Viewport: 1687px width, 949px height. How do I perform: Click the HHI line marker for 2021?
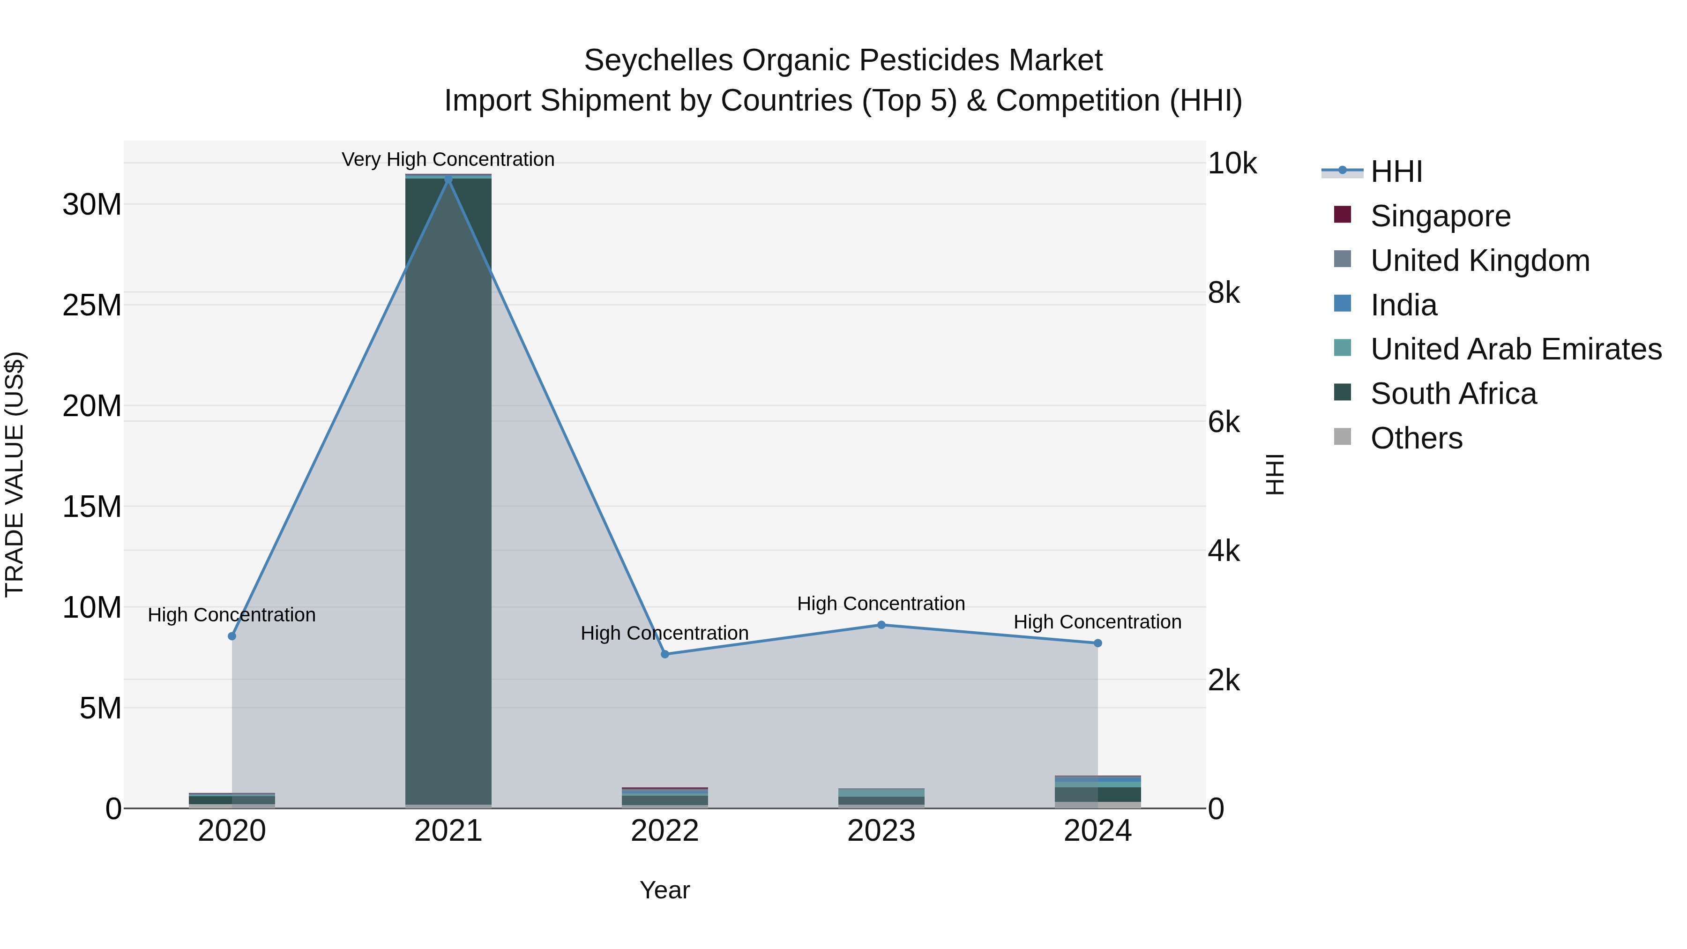click(x=448, y=179)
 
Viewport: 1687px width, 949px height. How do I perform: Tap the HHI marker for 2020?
click(x=232, y=636)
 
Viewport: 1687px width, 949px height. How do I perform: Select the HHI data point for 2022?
click(x=664, y=654)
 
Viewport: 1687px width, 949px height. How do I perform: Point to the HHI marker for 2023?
click(x=881, y=625)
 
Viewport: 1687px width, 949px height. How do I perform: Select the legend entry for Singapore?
click(x=1440, y=216)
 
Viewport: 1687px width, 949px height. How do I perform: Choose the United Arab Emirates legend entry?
click(x=1515, y=349)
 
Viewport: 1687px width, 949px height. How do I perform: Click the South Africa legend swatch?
click(x=1342, y=392)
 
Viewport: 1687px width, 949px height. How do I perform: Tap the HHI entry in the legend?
click(x=1396, y=172)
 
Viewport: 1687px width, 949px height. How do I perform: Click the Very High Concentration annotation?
click(x=448, y=159)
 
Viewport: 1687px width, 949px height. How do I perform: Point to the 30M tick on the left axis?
click(x=92, y=204)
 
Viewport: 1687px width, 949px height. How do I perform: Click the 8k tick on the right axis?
click(x=1224, y=293)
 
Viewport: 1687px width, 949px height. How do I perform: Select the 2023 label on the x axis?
click(x=881, y=831)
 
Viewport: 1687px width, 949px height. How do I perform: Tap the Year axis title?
click(x=664, y=890)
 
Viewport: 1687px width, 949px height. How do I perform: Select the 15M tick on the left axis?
click(x=92, y=507)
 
